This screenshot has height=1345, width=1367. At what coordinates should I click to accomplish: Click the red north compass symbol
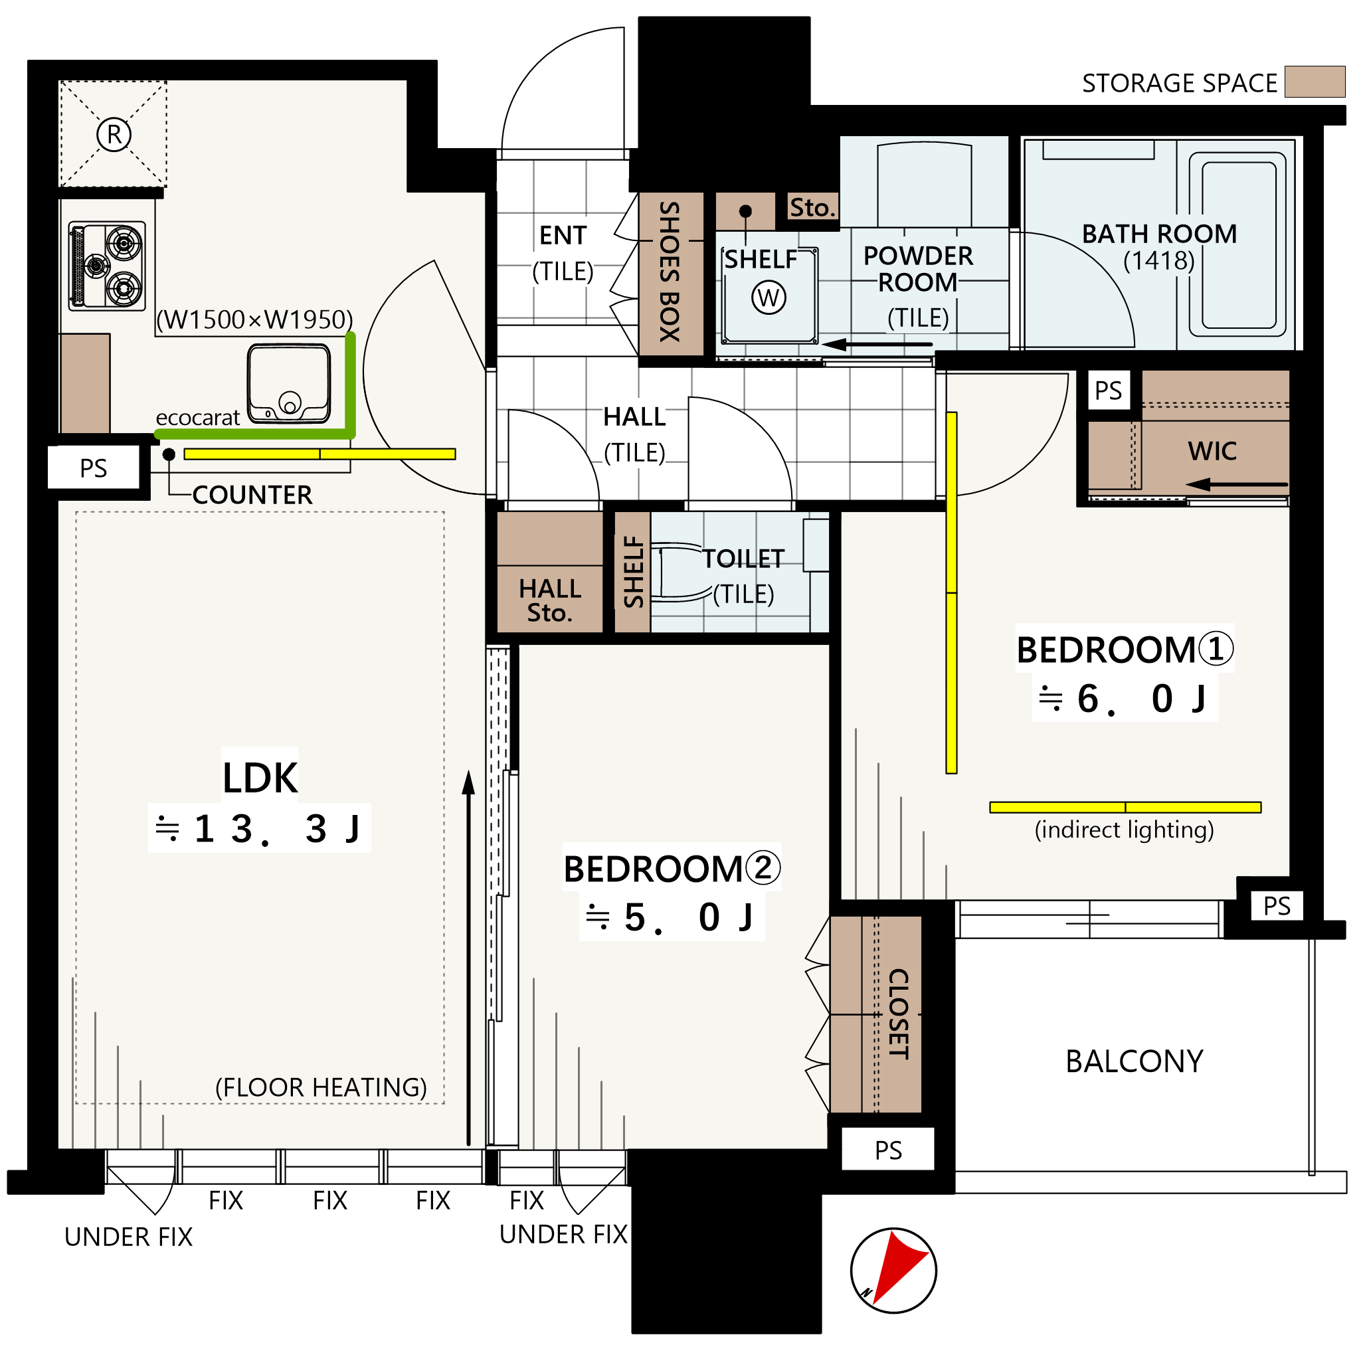[893, 1270]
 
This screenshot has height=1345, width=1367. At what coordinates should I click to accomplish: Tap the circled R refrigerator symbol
[114, 134]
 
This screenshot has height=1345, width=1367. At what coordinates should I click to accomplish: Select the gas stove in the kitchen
[107, 266]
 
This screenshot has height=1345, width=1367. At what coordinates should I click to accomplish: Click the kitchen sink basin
[288, 384]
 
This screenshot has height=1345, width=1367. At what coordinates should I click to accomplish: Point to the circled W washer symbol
[769, 298]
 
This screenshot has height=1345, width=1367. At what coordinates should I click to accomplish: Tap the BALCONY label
[1134, 1061]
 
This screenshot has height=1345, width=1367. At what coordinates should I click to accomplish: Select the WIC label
[1212, 451]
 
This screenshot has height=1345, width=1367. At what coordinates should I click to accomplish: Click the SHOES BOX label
[669, 272]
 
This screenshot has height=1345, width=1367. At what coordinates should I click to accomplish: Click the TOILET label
[743, 559]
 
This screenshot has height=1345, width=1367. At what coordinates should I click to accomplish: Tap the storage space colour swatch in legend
[1314, 81]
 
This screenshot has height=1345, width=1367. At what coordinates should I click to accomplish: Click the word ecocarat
[198, 418]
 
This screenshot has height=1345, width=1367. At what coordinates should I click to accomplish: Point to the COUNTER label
[252, 494]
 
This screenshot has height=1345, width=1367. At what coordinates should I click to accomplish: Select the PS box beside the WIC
[1108, 390]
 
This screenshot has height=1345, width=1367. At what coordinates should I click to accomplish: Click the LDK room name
[260, 778]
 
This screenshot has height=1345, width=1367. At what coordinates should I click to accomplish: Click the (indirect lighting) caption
[1124, 830]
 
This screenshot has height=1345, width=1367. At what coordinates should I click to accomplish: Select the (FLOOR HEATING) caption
[321, 1087]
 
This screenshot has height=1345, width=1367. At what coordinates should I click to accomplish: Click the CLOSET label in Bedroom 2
[898, 1014]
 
